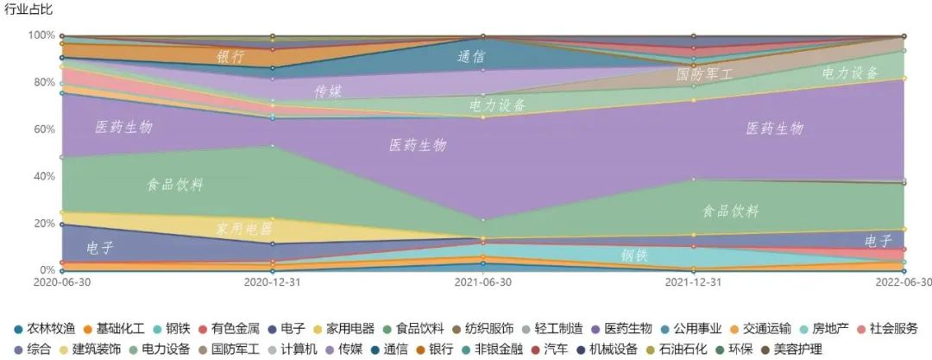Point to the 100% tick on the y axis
(41, 35)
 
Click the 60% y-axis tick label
(44, 129)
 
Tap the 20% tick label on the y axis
(44, 224)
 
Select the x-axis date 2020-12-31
(273, 281)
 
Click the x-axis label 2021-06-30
(482, 281)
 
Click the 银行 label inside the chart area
(230, 57)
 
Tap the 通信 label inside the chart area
(471, 57)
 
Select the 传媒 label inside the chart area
(328, 91)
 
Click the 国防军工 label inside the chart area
(704, 74)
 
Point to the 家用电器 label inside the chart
(243, 229)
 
